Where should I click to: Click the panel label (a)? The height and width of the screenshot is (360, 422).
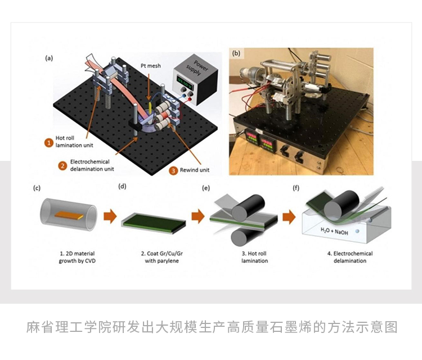point(49,57)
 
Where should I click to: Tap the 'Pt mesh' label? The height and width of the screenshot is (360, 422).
point(150,66)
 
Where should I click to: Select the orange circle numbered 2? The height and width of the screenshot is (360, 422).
point(64,165)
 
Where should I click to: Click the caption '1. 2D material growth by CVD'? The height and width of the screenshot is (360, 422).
point(68,257)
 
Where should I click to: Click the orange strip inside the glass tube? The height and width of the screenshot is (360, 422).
point(68,214)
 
